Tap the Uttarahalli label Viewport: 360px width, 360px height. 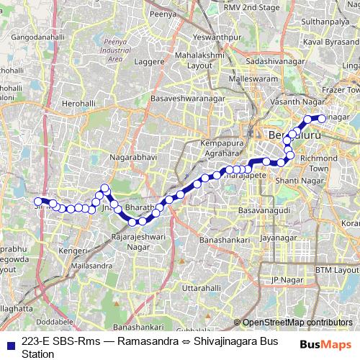[x=202, y=287]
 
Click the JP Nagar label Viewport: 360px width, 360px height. [x=283, y=279]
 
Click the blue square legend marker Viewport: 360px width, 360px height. [x=8, y=341]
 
